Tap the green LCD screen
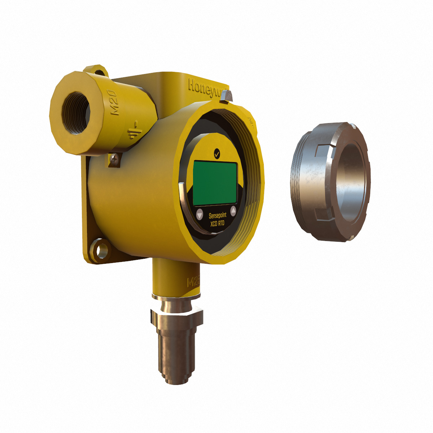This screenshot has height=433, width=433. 215,182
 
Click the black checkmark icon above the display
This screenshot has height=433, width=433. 216,153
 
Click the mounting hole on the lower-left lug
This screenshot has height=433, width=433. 102,249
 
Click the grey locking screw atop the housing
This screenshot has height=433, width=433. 227,96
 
